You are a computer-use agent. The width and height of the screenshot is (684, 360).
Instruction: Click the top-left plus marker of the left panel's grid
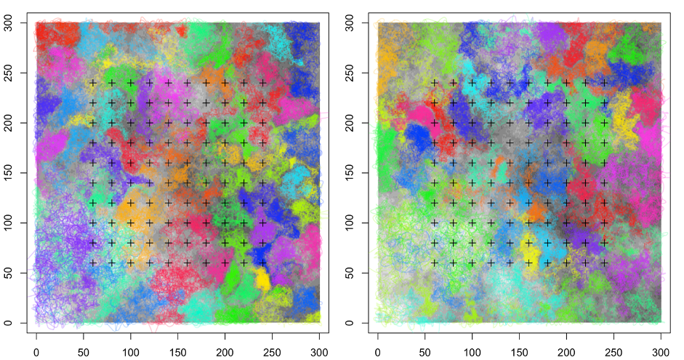tap(93, 83)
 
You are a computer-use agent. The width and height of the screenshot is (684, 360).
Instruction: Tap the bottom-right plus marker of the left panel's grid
tap(262, 263)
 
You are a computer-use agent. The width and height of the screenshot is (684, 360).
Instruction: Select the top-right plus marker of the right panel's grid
tap(604, 83)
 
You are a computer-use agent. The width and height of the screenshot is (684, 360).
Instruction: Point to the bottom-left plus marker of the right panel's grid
tap(435, 263)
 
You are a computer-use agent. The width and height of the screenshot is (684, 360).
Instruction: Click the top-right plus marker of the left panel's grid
tap(262, 83)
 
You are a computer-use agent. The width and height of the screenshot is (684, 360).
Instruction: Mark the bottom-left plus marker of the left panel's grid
tap(93, 263)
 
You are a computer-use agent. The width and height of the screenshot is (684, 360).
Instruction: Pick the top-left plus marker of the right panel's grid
tap(435, 83)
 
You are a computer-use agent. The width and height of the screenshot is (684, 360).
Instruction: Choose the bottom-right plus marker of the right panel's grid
tap(604, 263)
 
